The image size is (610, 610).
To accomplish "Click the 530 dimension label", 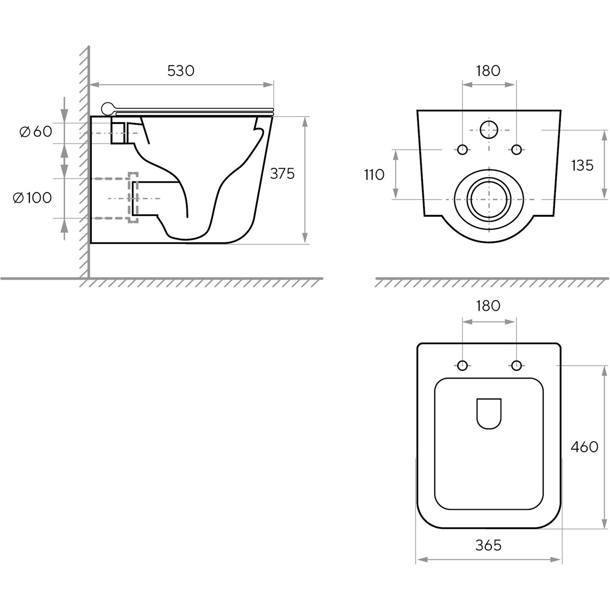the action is [x=181, y=71].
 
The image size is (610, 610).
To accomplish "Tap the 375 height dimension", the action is [x=282, y=174].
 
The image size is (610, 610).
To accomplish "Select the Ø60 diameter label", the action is [x=36, y=131].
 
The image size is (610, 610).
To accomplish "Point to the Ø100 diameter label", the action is [x=32, y=198].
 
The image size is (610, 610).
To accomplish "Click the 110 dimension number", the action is [x=374, y=175].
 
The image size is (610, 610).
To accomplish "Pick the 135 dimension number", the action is [x=582, y=165].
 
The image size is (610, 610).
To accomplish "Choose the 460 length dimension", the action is [x=584, y=447].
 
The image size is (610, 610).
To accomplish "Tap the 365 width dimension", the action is [x=488, y=545].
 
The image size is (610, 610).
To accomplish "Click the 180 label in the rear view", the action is [x=488, y=71].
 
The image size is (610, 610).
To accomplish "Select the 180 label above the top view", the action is [x=488, y=306].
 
